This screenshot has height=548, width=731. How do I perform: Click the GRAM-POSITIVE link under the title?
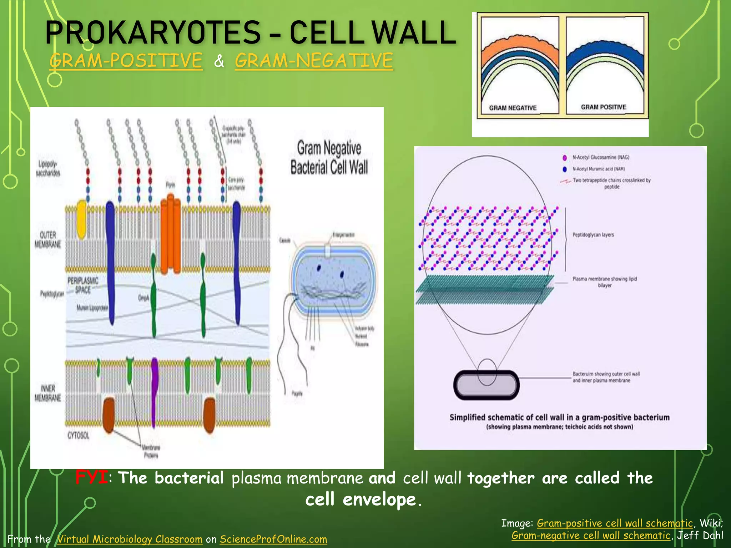pyautogui.click(x=126, y=60)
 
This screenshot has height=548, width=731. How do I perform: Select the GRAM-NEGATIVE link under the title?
pyautogui.click(x=314, y=60)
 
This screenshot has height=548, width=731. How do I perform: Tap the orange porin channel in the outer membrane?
pyautogui.click(x=170, y=234)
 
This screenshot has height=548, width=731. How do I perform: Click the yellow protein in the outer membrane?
pyautogui.click(x=82, y=219)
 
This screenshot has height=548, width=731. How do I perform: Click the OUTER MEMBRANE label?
pyautogui.click(x=48, y=239)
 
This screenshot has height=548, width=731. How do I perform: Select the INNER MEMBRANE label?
pyautogui.click(x=48, y=393)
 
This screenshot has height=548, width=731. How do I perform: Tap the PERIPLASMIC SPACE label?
pyautogui.click(x=83, y=285)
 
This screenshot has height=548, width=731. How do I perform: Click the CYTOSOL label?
pyautogui.click(x=78, y=435)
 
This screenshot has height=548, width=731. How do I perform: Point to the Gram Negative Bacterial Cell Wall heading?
pyautogui.click(x=329, y=157)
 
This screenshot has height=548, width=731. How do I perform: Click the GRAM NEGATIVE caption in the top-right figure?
pyautogui.click(x=513, y=108)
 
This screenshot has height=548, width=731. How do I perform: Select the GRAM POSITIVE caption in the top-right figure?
pyautogui.click(x=603, y=107)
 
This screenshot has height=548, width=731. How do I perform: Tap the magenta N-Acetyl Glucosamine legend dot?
pyautogui.click(x=565, y=158)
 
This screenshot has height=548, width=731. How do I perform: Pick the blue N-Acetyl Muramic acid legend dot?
pyautogui.click(x=565, y=169)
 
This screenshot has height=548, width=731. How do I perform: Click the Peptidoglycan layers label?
pyautogui.click(x=593, y=235)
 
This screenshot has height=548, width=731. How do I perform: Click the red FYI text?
pyautogui.click(x=91, y=477)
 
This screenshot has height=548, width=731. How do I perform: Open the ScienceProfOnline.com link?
pyautogui.click(x=273, y=539)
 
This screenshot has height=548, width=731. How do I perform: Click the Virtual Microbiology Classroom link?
pyautogui.click(x=130, y=539)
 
